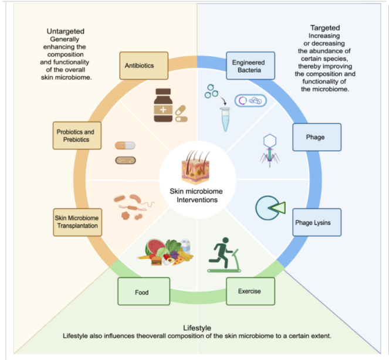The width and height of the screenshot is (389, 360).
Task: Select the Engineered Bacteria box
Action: point(251,66)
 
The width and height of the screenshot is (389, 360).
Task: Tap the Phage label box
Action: point(317,137)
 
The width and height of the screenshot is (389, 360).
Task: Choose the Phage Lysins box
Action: point(316,222)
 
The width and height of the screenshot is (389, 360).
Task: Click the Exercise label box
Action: point(251,291)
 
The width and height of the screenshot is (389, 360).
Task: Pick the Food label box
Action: point(143,291)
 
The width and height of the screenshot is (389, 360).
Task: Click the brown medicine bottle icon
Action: point(165,105)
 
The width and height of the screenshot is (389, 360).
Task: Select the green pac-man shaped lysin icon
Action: point(269,208)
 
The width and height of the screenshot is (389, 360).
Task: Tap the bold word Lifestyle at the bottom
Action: point(197,327)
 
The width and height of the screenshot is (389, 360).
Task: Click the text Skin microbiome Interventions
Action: point(194,195)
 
